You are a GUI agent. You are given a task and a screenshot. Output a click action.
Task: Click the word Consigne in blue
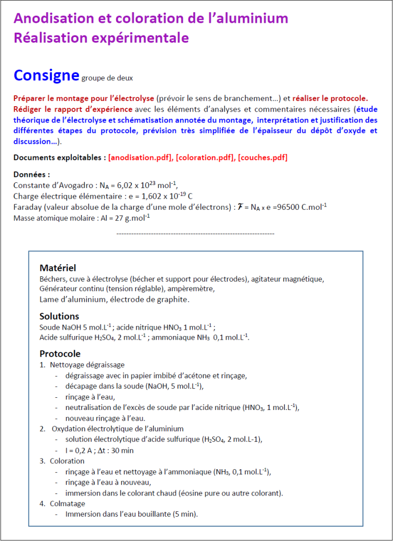46,76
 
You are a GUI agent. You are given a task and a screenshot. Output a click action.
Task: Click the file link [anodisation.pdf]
140,157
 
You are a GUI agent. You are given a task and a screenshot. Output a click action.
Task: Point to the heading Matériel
58,268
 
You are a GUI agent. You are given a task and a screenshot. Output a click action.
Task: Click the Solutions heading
59,316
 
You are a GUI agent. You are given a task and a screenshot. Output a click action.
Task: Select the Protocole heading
60,353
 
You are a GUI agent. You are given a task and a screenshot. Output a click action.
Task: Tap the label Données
32,174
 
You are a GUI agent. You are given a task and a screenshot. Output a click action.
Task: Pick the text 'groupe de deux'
107,78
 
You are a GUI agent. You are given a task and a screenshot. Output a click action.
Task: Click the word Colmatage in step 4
67,503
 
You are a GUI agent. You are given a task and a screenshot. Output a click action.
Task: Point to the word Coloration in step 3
67,461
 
